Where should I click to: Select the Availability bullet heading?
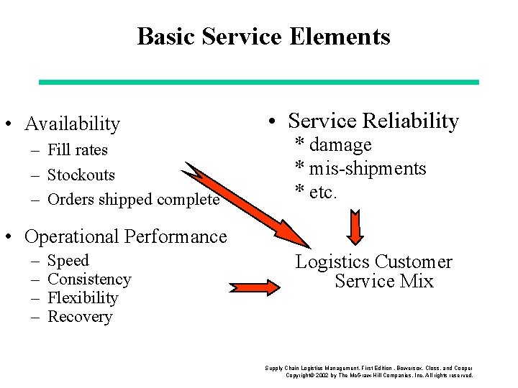click(72, 124)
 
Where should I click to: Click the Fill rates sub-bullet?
click(77, 150)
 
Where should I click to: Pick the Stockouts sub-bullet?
click(81, 175)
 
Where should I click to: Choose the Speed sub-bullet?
click(68, 261)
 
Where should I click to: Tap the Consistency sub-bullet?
click(89, 280)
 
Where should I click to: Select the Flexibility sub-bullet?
click(82, 298)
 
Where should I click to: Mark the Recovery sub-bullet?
click(79, 317)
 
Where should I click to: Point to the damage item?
click(340, 144)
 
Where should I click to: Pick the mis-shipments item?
click(367, 169)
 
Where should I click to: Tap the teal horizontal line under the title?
click(258, 82)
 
